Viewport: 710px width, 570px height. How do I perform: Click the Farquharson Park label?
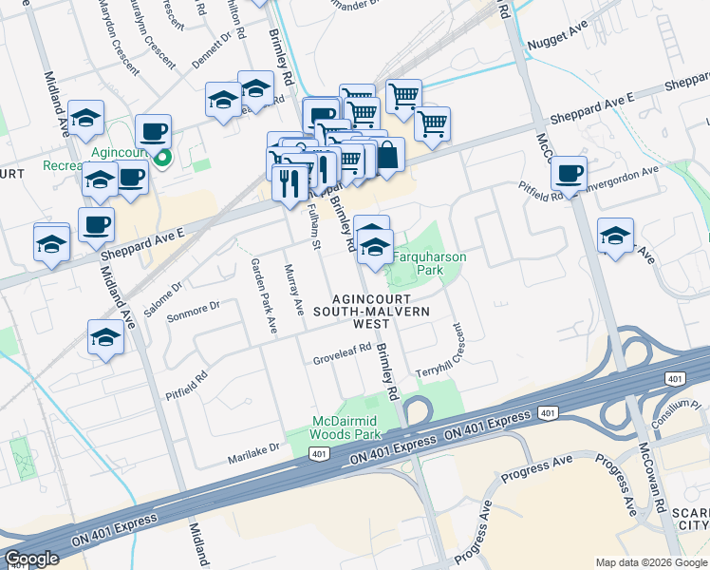tap(420, 263)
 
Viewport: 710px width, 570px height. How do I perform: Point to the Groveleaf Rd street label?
tap(342, 360)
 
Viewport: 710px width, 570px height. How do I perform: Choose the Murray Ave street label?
tap(294, 291)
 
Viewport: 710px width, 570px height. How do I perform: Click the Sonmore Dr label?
tap(193, 307)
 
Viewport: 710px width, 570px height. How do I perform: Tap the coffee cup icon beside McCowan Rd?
tap(569, 173)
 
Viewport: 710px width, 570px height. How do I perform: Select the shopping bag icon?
tap(387, 154)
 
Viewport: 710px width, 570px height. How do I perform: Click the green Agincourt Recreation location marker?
tap(163, 158)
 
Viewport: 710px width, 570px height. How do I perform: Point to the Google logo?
tap(32, 559)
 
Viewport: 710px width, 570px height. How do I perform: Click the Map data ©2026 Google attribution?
tap(651, 562)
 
